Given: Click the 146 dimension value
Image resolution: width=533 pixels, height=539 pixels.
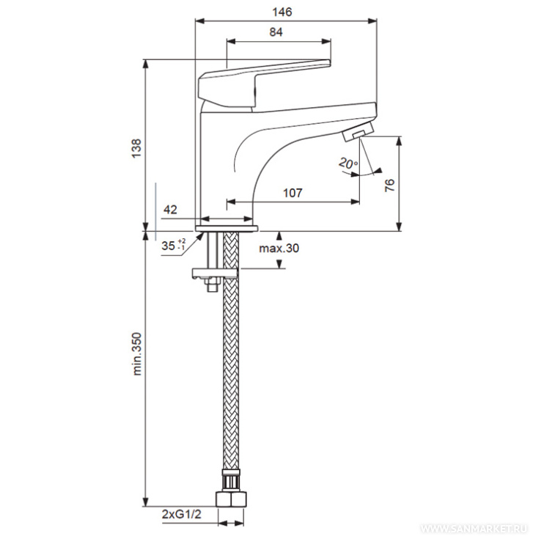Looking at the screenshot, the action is (282, 12).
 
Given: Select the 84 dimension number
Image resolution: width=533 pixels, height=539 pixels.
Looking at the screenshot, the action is (276, 32).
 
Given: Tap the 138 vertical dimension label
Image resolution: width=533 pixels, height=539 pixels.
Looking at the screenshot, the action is (136, 148).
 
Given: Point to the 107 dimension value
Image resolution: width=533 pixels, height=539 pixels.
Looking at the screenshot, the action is (293, 193).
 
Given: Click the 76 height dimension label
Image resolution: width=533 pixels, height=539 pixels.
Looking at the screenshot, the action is (390, 186).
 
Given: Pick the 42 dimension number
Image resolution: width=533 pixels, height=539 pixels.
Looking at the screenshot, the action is (170, 209).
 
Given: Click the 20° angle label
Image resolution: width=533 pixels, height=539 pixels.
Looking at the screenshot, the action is (348, 163).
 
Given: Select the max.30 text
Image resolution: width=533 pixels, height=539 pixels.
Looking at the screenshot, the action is (279, 248).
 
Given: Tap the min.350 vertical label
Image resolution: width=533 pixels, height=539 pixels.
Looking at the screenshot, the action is (137, 353).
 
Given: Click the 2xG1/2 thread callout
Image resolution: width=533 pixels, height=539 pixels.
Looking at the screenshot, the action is (182, 514).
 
